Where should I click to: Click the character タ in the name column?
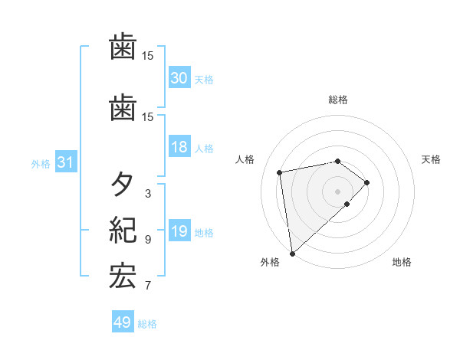click(x=123, y=185)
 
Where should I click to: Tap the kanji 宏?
click(x=123, y=277)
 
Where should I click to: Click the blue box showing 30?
click(x=179, y=77)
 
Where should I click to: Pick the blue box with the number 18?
click(x=179, y=147)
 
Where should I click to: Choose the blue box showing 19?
click(x=179, y=231)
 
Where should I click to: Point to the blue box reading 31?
click(x=66, y=162)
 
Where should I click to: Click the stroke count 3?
click(x=147, y=194)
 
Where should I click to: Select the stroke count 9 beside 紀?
click(x=147, y=240)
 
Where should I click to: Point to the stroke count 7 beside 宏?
click(x=147, y=286)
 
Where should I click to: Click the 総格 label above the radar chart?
click(x=338, y=100)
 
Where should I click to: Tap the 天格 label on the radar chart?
click(x=431, y=159)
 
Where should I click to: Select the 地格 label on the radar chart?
click(x=402, y=262)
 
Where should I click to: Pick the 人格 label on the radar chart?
click(x=245, y=159)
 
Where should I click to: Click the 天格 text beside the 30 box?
click(x=203, y=79)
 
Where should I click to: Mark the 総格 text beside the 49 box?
click(x=147, y=324)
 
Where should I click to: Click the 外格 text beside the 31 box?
click(x=41, y=164)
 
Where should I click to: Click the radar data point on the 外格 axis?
click(x=291, y=253)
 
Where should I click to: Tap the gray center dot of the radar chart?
click(x=337, y=190)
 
